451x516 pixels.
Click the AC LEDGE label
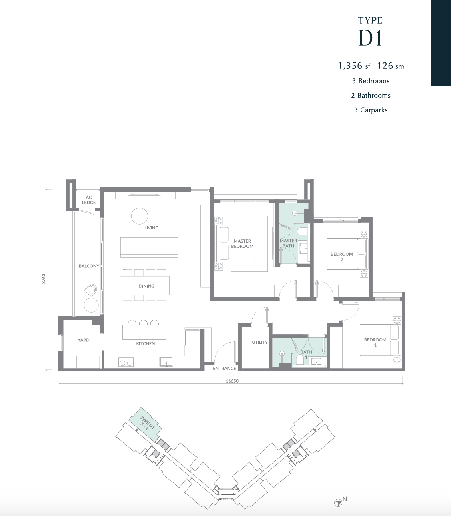point(89,200)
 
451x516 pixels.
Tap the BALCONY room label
point(89,266)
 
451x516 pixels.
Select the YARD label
point(84,340)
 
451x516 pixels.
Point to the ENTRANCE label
point(224,368)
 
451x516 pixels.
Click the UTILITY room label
point(260,342)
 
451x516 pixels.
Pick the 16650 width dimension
point(232,381)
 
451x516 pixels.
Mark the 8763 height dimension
point(44,279)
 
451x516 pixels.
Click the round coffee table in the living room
point(140,216)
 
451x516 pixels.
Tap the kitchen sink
point(166,362)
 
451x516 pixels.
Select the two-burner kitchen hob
point(126,362)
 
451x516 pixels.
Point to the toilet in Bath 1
point(300,360)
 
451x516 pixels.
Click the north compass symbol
point(338,503)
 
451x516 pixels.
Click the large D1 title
point(370,38)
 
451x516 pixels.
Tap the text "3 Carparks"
point(371,110)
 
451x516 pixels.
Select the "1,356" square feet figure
point(350,66)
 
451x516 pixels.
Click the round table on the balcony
point(91,305)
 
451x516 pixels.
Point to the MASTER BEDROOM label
point(242,244)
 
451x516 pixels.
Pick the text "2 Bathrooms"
point(371,95)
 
